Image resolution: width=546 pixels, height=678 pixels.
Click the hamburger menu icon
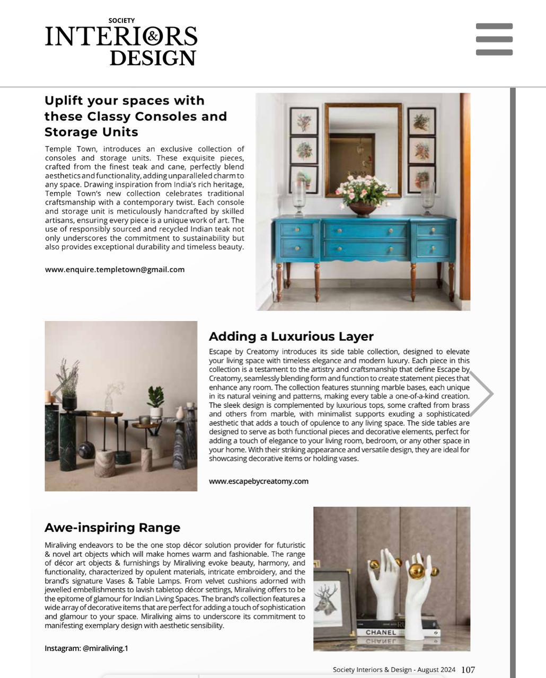494,39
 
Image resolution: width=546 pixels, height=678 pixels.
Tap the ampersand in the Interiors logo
153,37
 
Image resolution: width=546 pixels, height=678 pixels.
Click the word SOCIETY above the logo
121,21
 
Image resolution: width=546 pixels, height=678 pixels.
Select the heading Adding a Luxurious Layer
291,336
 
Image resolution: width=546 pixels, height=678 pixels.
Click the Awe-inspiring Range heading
112,528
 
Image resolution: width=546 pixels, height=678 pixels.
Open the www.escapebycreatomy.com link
258,481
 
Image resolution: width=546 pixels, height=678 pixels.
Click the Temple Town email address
115,269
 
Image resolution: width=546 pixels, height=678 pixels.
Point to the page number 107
468,670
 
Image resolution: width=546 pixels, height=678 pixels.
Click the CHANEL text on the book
381,632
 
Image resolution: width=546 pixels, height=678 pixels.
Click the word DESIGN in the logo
153,57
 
